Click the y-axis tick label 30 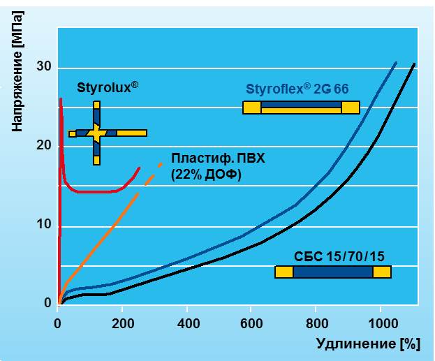(x=45, y=67)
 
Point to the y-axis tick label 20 (x=45, y=145)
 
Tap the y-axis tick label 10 (x=45, y=224)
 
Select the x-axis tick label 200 (x=122, y=324)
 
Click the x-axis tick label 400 (x=187, y=324)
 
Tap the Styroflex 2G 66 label (x=297, y=89)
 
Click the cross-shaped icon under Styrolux (x=97, y=133)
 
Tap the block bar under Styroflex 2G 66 (x=301, y=108)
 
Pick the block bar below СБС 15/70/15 (x=333, y=272)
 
